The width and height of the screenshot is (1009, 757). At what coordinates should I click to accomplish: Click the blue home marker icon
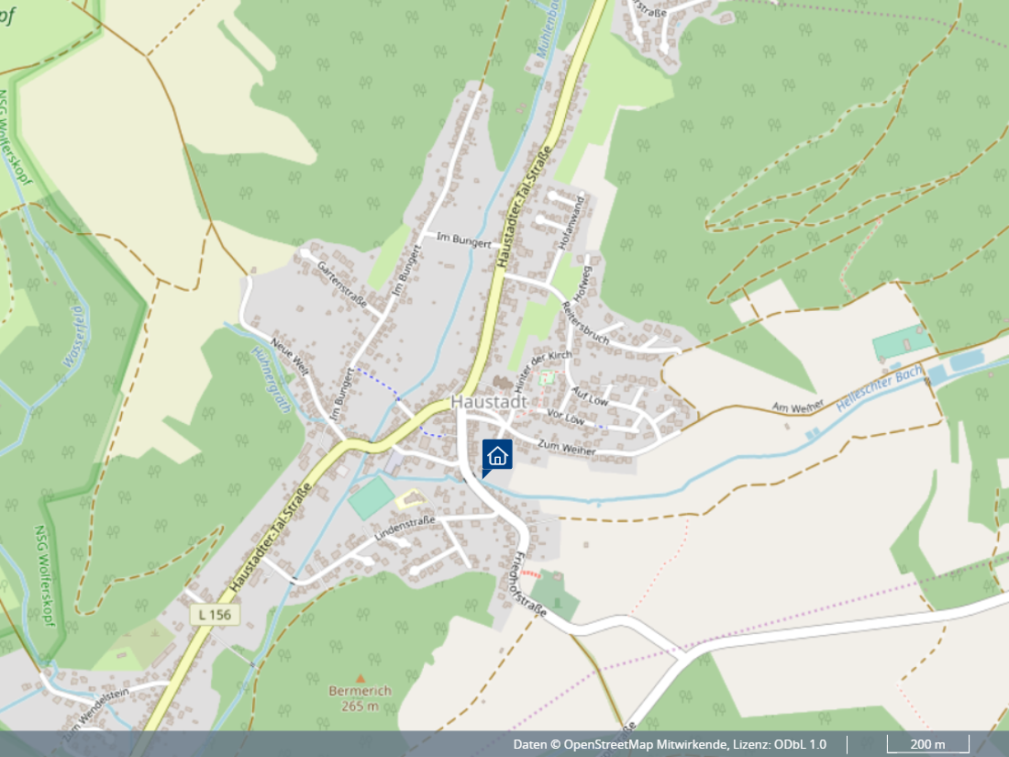(x=497, y=455)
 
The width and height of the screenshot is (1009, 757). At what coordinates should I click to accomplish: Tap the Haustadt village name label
(x=489, y=402)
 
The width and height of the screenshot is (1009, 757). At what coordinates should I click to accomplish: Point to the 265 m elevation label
(x=360, y=706)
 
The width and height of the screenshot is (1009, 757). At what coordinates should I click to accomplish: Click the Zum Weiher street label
(x=567, y=447)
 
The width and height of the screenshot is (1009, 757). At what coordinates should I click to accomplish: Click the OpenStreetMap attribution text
(x=669, y=744)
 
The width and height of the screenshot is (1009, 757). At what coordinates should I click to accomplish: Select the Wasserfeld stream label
(x=73, y=337)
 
